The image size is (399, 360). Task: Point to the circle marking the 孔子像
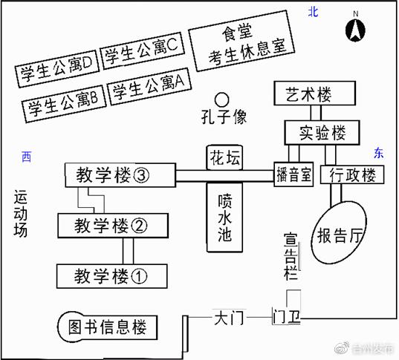pyautogui.click(x=221, y=98)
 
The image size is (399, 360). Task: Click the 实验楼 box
pyautogui.click(x=322, y=133)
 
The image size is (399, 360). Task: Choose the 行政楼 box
pyautogui.click(x=351, y=175)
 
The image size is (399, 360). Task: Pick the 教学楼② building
pyautogui.click(x=112, y=225)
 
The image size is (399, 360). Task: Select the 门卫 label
pyautogui.click(x=287, y=318)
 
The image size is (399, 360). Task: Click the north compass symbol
pyautogui.click(x=356, y=30)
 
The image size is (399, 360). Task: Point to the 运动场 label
pyautogui.click(x=21, y=213)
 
